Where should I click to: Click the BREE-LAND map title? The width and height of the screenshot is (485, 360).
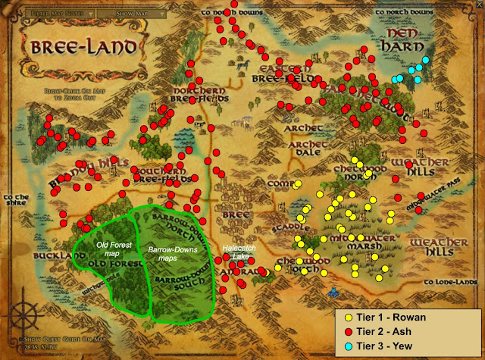click(85, 47)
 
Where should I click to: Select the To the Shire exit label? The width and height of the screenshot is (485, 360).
click(17, 200)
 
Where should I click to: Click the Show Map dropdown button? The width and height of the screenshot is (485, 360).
click(139, 13)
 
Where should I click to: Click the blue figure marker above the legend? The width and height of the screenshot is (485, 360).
click(331, 290)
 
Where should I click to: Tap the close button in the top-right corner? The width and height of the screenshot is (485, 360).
click(473, 11)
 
